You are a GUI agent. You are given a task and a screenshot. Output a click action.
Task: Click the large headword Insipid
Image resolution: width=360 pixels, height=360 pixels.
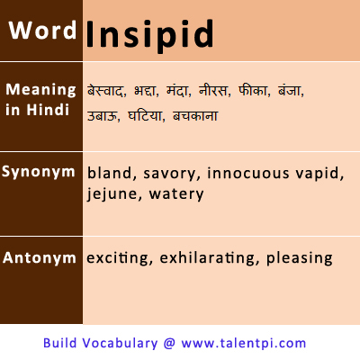coord(149,34)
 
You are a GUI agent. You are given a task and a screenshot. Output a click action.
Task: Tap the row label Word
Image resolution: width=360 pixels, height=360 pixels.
coord(42,31)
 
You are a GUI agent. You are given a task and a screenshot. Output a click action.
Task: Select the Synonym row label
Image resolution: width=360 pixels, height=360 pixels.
coord(38,173)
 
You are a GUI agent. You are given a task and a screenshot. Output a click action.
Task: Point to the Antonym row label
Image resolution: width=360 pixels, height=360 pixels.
coord(40,257)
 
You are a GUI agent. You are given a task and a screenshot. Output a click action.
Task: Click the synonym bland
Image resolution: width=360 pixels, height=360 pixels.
coord(110,173)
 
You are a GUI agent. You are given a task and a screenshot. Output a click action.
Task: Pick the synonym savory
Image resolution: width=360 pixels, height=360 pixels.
coord(169,174)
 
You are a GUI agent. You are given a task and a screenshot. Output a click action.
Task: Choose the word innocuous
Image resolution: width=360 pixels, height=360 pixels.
coord(248,173)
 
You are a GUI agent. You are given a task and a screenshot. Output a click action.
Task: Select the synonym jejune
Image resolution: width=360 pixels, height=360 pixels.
coord(112,194)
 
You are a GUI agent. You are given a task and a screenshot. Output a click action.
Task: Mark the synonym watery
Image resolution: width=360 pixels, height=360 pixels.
coord(176,194)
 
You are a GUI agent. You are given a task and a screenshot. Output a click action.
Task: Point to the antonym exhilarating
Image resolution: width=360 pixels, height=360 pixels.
coord(207,258)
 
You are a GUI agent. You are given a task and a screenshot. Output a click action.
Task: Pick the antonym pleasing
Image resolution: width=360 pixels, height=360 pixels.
coord(300,258)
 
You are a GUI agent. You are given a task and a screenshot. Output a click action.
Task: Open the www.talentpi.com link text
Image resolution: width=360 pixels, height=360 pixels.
coord(244,343)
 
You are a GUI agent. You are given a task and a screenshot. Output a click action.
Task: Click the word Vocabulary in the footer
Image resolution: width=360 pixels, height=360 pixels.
coord(120,343)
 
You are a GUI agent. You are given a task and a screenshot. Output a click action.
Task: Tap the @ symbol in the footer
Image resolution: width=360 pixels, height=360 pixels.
coord(169,343)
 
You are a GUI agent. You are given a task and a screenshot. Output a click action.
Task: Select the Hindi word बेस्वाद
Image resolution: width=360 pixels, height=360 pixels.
coord(104,90)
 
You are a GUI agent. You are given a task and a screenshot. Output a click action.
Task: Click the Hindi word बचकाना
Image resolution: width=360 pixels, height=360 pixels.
coord(195,116)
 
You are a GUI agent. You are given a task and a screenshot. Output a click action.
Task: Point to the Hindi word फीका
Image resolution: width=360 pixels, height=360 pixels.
coord(252,90)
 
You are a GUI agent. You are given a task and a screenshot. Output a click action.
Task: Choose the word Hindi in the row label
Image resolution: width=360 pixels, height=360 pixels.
coord(48,110)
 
